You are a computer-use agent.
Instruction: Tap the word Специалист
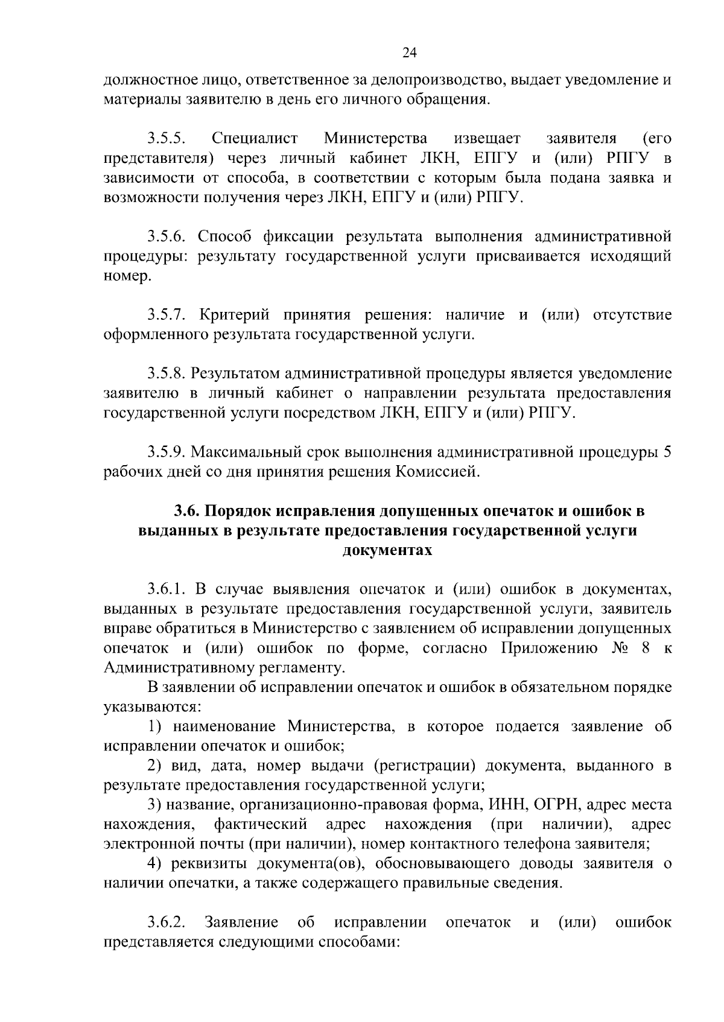tap(255, 139)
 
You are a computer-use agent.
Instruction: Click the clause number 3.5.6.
tap(167, 236)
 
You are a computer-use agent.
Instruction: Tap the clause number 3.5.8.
tap(167, 374)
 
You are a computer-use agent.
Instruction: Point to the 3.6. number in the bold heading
tap(187, 512)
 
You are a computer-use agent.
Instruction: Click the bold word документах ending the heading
tap(387, 550)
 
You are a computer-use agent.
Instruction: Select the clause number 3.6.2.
tap(167, 922)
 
